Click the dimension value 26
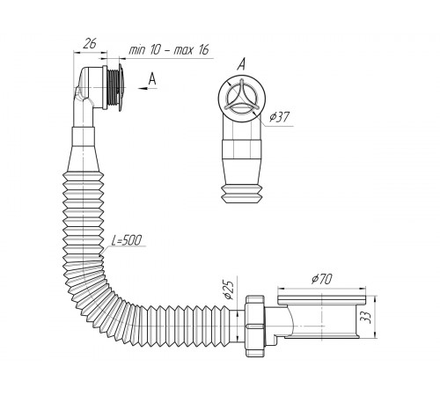[x=90, y=44]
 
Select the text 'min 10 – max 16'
[x=169, y=50]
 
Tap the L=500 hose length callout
[x=127, y=240]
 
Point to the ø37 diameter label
[x=280, y=117]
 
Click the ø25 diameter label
[x=229, y=290]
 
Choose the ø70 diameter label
[x=321, y=279]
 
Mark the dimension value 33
[x=366, y=317]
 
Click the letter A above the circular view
[x=241, y=64]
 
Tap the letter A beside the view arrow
[x=152, y=78]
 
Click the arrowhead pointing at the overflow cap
[x=143, y=88]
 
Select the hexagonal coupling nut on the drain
[x=254, y=326]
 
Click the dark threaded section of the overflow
[x=113, y=87]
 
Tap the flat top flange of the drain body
[x=322, y=300]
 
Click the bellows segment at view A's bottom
[x=242, y=194]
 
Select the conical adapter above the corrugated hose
[x=84, y=158]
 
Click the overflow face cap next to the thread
[x=121, y=87]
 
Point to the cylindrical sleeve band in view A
[x=241, y=150]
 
